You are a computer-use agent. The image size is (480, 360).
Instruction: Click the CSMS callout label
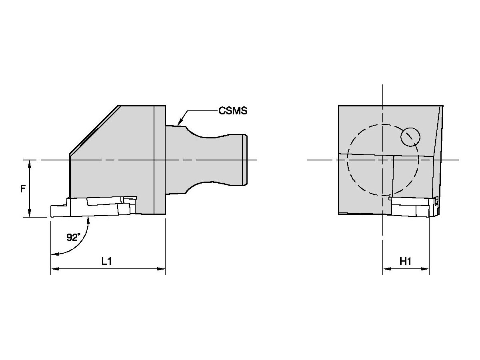pyautogui.click(x=232, y=111)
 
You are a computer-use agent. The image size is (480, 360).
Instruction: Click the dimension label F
pyautogui.click(x=23, y=188)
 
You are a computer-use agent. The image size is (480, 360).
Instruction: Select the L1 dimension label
pyautogui.click(x=106, y=261)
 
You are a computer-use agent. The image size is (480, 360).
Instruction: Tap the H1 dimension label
pyautogui.click(x=406, y=261)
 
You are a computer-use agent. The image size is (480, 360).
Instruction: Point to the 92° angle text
pyautogui.click(x=73, y=237)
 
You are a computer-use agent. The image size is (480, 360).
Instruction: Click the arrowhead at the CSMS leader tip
pyautogui.click(x=180, y=122)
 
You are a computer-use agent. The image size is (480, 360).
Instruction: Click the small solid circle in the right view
pyautogui.click(x=410, y=136)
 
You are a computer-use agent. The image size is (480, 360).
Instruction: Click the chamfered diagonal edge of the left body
pyautogui.click(x=94, y=130)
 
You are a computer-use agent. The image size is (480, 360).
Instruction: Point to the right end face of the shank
pyautogui.click(x=246, y=160)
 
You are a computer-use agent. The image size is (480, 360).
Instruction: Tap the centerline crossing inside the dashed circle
pyautogui.click(x=383, y=160)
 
